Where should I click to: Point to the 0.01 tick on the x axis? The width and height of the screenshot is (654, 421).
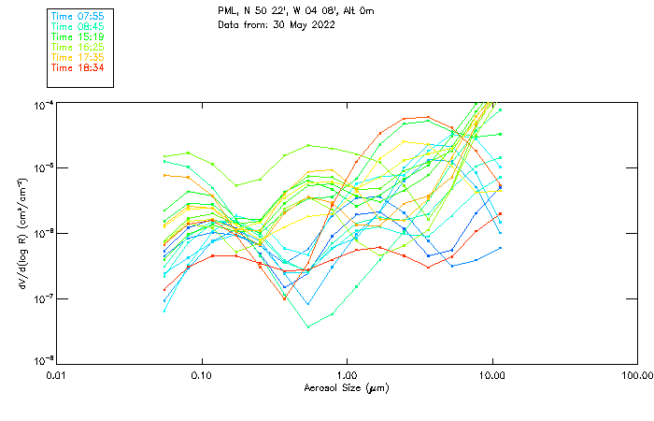(57, 376)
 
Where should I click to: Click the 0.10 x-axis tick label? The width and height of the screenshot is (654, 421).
(202, 376)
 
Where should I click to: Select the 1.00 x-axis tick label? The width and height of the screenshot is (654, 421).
(348, 376)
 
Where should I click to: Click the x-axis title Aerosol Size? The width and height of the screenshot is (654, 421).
(347, 388)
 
